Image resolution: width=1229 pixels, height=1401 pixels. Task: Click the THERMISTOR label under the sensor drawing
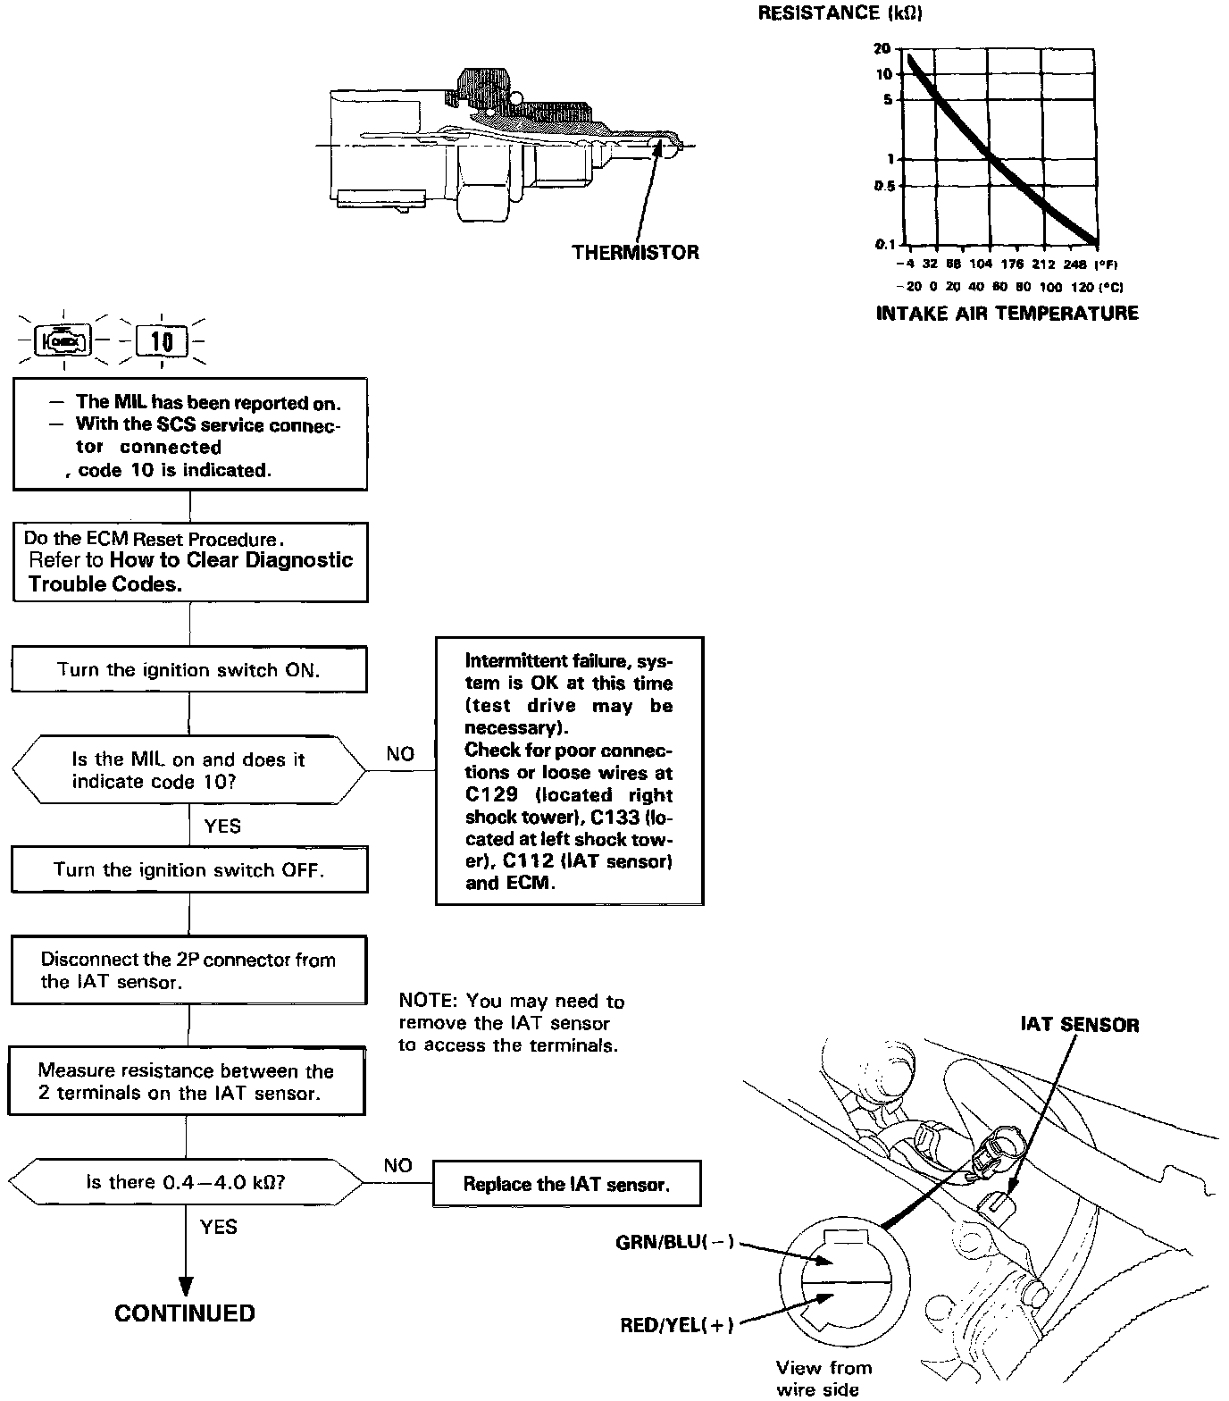click(x=635, y=253)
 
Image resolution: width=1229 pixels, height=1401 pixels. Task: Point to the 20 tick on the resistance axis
click(x=882, y=48)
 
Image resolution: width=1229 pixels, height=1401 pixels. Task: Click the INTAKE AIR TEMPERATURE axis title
click(x=1007, y=313)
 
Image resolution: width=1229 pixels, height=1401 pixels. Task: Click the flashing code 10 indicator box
click(x=162, y=341)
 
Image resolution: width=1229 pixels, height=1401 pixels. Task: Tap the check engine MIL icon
click(x=63, y=340)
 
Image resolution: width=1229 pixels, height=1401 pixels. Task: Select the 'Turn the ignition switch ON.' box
click(x=188, y=670)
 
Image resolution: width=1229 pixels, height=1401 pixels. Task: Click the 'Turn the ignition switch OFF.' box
click(x=188, y=870)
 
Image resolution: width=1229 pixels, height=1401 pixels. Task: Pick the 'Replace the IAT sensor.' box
click(x=566, y=1185)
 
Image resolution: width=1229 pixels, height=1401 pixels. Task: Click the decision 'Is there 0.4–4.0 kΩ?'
click(x=186, y=1182)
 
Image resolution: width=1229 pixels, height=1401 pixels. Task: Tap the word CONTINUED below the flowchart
click(x=185, y=1313)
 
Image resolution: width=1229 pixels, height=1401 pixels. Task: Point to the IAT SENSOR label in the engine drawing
click(x=1080, y=1025)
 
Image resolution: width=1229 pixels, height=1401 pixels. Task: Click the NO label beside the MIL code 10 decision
click(x=400, y=754)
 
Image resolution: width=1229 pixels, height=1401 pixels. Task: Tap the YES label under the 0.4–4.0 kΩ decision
click(x=219, y=1227)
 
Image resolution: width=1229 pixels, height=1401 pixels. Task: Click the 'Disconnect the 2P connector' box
click(x=188, y=970)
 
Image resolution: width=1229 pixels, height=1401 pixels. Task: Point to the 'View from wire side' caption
click(x=823, y=1378)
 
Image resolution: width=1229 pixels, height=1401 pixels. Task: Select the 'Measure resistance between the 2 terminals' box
click(x=187, y=1081)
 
